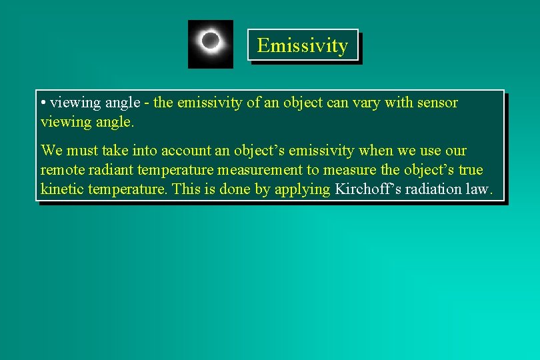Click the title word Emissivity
point(302,45)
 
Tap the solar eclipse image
point(211,43)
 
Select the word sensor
point(437,103)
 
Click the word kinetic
point(63,189)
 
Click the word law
point(480,189)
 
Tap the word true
point(470,169)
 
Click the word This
point(186,189)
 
